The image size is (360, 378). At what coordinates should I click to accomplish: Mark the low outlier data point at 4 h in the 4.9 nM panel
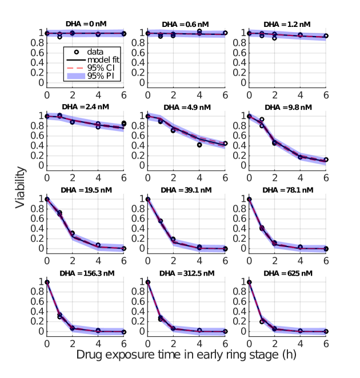coord(199,145)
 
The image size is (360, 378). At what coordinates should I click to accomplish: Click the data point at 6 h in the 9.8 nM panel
coord(326,160)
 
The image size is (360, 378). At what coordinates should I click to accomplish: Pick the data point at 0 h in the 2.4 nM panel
coord(47,116)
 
